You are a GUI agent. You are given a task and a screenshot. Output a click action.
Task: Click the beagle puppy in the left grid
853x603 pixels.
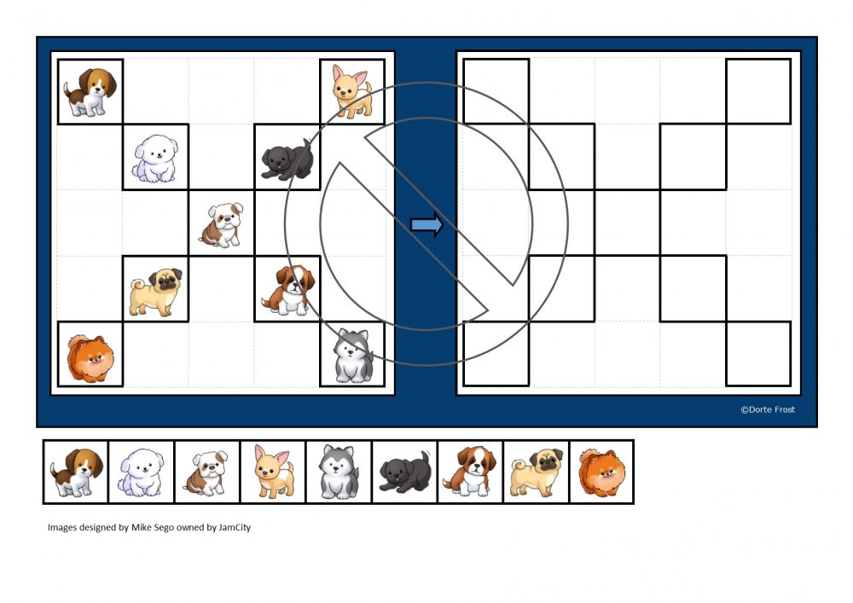(90, 92)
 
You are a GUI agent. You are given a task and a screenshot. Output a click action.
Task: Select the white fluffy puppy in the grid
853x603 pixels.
(155, 158)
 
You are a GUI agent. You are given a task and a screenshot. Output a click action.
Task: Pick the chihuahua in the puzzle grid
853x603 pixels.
(352, 92)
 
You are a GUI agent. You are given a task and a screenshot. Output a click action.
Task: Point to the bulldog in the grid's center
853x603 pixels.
(222, 224)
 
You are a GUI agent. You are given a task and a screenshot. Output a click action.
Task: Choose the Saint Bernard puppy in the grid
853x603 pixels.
(288, 290)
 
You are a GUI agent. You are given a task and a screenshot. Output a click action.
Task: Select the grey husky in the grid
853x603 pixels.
(353, 355)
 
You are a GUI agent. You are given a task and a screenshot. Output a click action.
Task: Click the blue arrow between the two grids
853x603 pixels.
(427, 224)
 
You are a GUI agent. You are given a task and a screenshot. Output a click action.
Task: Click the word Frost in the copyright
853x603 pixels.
(782, 409)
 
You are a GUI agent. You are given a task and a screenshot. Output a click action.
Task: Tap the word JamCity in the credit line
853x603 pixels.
(235, 527)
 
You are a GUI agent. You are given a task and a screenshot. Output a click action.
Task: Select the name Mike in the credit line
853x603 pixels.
(140, 527)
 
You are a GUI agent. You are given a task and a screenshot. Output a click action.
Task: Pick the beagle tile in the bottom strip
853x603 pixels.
(76, 472)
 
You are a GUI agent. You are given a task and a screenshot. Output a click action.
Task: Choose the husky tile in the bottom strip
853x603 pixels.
(339, 472)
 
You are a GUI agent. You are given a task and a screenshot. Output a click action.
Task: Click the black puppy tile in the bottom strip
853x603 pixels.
(404, 472)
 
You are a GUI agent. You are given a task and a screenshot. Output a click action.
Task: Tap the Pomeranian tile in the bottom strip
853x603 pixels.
(601, 472)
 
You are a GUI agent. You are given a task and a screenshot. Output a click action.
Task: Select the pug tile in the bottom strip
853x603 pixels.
(537, 472)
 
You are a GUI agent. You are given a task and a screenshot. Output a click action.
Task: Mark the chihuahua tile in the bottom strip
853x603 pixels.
(273, 472)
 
